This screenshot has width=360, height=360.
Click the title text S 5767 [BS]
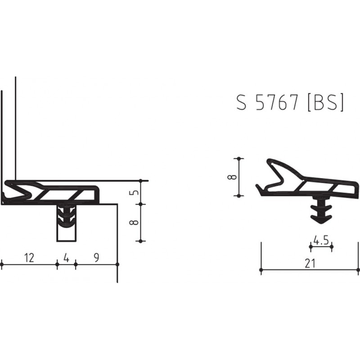coord(290,103)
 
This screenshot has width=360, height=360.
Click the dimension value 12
coord(29,257)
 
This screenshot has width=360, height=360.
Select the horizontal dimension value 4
coord(66,257)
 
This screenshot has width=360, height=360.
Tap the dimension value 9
coord(96,257)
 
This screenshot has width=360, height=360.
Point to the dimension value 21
coord(310,264)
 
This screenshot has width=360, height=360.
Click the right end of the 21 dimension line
coord(359,270)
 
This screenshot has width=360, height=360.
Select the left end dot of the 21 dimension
coord(261,270)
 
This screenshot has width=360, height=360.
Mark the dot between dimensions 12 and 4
coord(57,265)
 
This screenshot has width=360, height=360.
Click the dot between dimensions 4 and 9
coord(75,265)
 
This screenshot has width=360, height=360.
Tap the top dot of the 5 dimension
coord(141,181)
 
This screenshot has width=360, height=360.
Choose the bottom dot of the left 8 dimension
coord(141,241)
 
